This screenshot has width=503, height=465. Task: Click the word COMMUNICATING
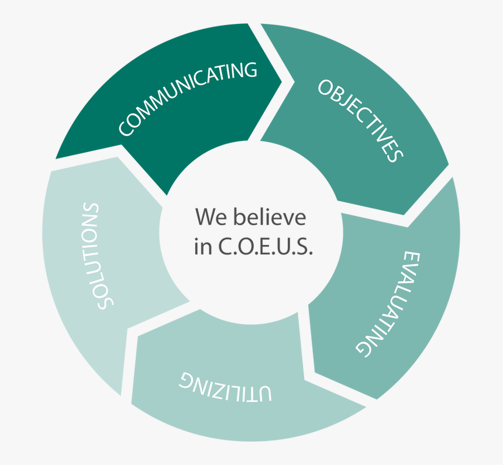(188, 99)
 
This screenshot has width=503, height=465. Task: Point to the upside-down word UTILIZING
(225, 387)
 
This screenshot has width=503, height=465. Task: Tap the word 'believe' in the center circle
(270, 217)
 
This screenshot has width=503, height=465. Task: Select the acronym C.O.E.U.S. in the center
(266, 247)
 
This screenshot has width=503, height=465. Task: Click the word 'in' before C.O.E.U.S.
(203, 247)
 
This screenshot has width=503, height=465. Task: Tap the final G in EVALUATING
(363, 347)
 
